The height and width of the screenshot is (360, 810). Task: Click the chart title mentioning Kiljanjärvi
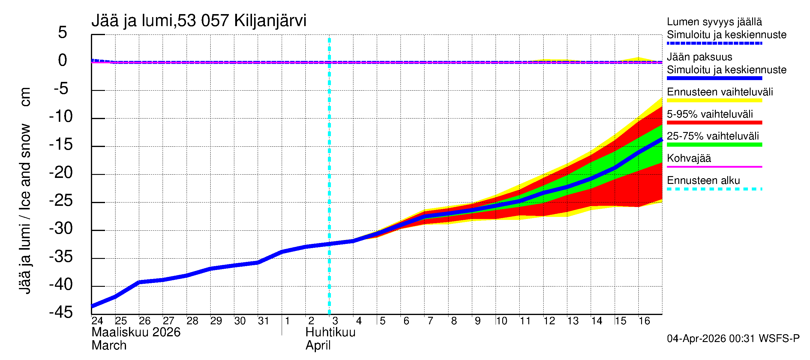pos(199,21)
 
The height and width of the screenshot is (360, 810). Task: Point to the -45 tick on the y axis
pos(61,313)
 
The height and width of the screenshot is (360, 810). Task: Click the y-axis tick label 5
pos(63,32)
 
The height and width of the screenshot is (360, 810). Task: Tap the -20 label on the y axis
pos(61,172)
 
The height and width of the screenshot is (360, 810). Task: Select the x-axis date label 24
pos(97,321)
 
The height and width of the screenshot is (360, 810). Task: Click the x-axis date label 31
pos(263,321)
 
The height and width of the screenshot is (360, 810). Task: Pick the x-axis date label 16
pos(644,321)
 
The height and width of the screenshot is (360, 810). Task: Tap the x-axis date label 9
pos(478,321)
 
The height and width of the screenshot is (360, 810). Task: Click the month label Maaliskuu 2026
pos(136,332)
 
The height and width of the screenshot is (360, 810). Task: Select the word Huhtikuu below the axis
pos(331,332)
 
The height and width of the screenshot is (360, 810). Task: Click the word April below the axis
pos(318,346)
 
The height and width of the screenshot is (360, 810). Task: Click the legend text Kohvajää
pos(688,158)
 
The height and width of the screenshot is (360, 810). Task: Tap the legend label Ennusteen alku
pos(703,181)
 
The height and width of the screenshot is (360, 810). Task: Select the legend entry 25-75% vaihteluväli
pos(712,136)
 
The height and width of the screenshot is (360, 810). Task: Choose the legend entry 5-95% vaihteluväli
pos(710,114)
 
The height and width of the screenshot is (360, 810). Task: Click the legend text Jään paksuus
pos(699,57)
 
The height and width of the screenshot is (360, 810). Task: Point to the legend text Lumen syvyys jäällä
pos(714,22)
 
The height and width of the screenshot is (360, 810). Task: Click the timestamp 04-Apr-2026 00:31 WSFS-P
pos(733,339)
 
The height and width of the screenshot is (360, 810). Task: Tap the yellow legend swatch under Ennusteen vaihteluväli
pos(714,100)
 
